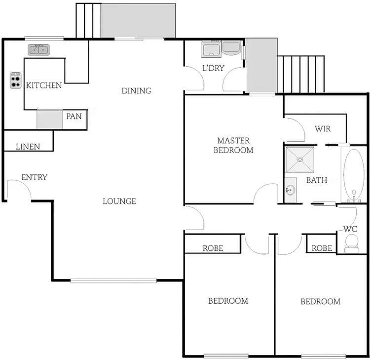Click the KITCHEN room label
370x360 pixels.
[x=44, y=85]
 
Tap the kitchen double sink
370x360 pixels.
[x=38, y=49]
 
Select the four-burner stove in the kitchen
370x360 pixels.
[x=16, y=80]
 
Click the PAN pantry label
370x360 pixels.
[x=74, y=117]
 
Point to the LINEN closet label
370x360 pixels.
[x=28, y=147]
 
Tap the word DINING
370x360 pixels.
[x=136, y=91]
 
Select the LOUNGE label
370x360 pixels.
[x=119, y=201]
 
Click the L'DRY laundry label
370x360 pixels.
[x=213, y=68]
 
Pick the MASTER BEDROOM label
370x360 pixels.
[x=233, y=145]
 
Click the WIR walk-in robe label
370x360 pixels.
[x=323, y=129]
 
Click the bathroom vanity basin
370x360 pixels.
[x=290, y=189]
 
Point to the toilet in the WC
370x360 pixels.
[x=352, y=242]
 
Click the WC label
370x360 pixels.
[x=350, y=229]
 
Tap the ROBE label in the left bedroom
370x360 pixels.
[x=213, y=248]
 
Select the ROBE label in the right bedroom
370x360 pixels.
[x=322, y=248]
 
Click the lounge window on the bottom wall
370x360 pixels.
[x=113, y=280]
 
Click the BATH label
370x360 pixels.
[x=317, y=180]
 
